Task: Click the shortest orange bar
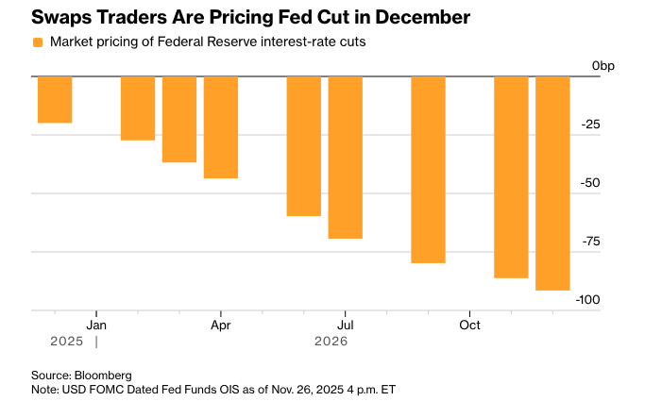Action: click(x=55, y=99)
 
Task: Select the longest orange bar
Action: click(x=552, y=183)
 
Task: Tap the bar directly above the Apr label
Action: click(x=221, y=126)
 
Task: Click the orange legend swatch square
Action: click(x=38, y=42)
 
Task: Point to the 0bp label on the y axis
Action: click(x=603, y=65)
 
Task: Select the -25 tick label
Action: click(x=591, y=125)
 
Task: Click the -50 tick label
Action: click(x=590, y=183)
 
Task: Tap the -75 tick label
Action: click(x=590, y=242)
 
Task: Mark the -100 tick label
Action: click(x=587, y=300)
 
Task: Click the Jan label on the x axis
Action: click(x=96, y=325)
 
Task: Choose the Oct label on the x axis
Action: click(x=469, y=325)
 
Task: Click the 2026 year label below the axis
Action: click(x=331, y=341)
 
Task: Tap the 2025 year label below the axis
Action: click(x=54, y=341)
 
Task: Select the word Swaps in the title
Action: click(x=62, y=17)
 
